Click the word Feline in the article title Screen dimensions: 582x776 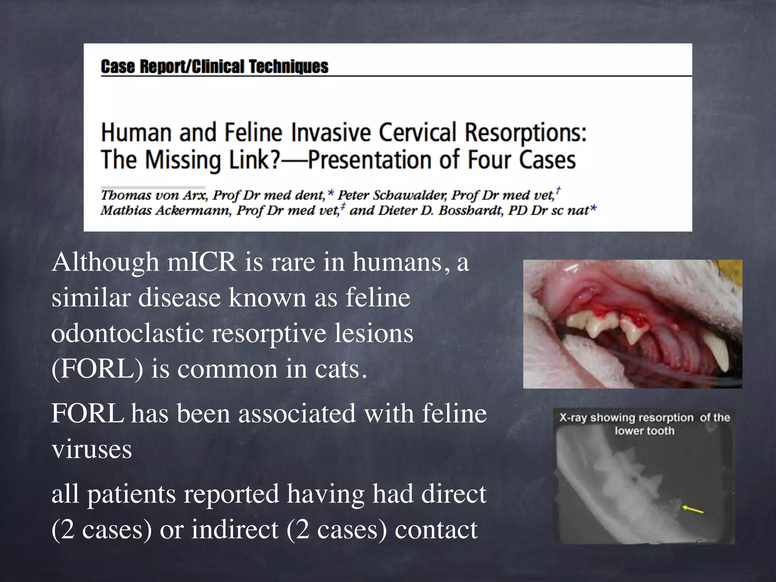pyautogui.click(x=253, y=133)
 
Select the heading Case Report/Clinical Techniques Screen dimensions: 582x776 pyautogui.click(x=214, y=67)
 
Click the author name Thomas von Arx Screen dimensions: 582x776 pyautogui.click(x=154, y=195)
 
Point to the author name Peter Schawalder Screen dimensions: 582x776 pyautogui.click(x=392, y=195)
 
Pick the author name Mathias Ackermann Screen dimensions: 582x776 pyautogui.click(x=166, y=210)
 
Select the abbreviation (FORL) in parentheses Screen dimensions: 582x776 pyautogui.click(x=97, y=369)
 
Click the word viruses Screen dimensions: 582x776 pyautogui.click(x=92, y=449)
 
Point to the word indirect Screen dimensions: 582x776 pyautogui.click(x=235, y=530)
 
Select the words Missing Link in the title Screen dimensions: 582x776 pyautogui.click(x=212, y=160)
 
